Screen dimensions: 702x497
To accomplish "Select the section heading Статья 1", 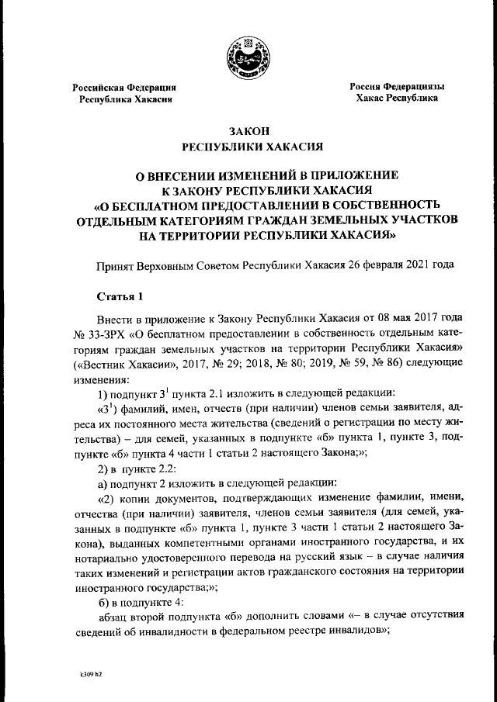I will (x=118, y=297).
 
